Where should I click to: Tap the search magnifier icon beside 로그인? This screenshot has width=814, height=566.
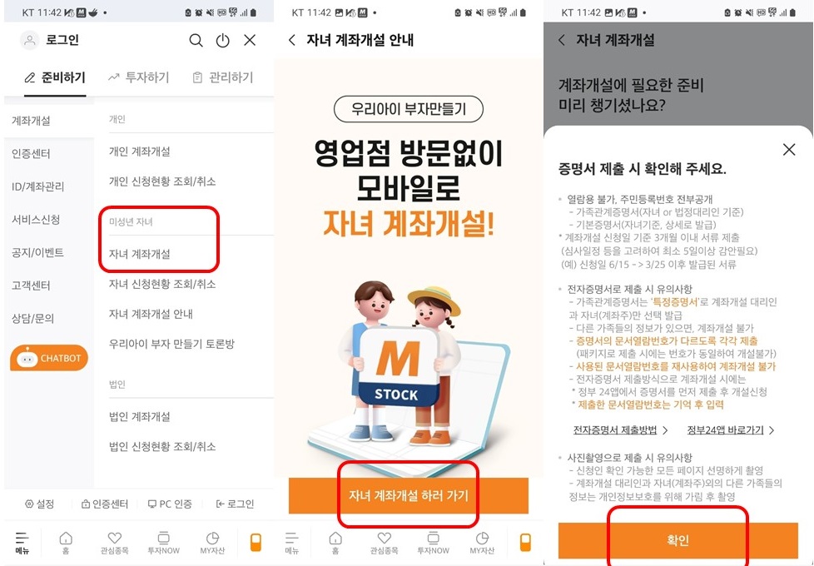196,40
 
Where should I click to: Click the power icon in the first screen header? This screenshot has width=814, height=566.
222,40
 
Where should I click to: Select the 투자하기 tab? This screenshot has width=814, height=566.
138,77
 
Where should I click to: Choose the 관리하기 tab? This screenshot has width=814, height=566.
222,77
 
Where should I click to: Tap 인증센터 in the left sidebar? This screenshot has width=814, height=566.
31,154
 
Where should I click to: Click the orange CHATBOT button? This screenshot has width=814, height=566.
48,359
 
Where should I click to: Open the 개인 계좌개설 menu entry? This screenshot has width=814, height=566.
140,151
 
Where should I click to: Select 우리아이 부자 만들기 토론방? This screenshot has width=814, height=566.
172,344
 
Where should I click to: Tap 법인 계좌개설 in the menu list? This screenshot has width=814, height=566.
140,416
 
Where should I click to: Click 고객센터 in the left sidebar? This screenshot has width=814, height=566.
31,285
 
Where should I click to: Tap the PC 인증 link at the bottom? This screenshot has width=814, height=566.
170,504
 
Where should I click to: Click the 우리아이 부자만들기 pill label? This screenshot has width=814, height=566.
408,110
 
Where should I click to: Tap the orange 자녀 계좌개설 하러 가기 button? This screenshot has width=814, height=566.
408,496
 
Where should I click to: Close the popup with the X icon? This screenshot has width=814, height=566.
789,150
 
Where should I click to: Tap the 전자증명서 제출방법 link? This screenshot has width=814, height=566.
620,430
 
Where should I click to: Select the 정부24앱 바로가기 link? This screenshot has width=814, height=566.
731,430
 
